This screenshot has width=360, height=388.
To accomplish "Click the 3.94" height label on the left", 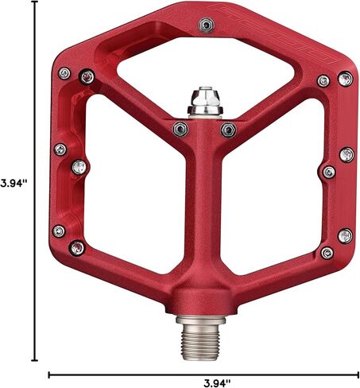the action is (x=14, y=184).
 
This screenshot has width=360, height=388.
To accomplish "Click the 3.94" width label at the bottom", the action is (x=217, y=382).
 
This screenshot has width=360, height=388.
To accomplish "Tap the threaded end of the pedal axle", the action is (x=200, y=341).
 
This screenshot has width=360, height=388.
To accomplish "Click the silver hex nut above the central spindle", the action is (x=204, y=101).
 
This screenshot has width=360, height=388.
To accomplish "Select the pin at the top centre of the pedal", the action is (x=206, y=25).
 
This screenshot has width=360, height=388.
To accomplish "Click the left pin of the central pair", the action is (x=180, y=130).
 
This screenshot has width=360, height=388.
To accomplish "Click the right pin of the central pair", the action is (x=229, y=130).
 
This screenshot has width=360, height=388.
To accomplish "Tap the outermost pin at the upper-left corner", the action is (x=64, y=73).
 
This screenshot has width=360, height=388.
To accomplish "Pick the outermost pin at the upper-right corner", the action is (x=346, y=79).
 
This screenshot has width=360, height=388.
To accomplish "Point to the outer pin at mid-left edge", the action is (x=60, y=149).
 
